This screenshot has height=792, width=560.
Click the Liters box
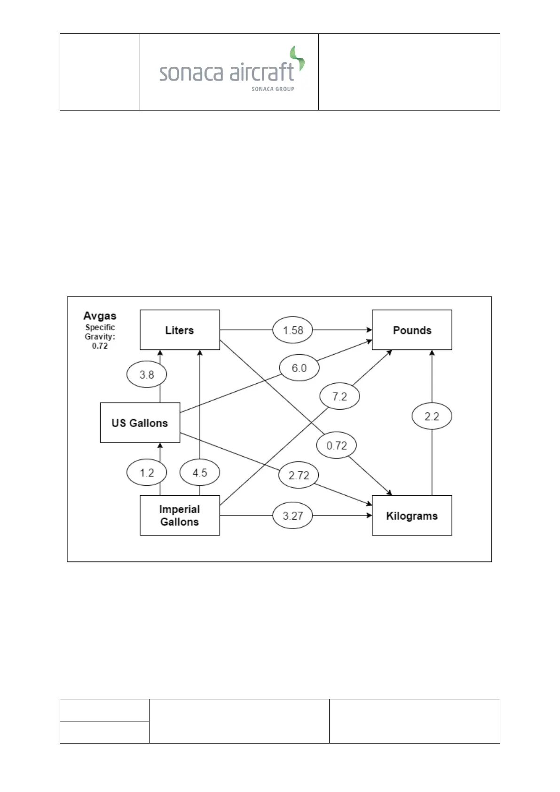180,330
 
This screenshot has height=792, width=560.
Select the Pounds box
412,330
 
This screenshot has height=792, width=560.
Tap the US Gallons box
140,422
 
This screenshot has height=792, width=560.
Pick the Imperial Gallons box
180,515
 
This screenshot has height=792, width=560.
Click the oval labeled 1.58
292,330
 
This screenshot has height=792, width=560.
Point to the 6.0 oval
299,368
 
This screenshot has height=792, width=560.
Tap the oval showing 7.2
339,396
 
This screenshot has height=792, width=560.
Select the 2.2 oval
432,416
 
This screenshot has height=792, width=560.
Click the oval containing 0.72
337,445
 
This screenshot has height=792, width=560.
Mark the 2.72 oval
299,475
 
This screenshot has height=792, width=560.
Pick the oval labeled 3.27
292,515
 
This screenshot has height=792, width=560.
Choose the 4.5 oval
200,473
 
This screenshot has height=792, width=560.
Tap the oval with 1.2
147,473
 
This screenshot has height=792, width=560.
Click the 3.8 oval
147,374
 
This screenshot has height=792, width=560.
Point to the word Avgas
100,316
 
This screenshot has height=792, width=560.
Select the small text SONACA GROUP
273,89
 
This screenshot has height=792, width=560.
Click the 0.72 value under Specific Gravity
100,346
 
